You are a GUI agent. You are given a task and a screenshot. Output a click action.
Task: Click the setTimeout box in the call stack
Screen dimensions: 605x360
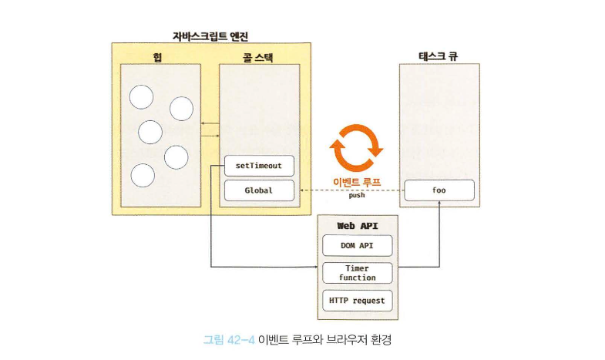pyautogui.click(x=259, y=166)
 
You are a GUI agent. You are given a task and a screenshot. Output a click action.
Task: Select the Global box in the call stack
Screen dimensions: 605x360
pyautogui.click(x=259, y=190)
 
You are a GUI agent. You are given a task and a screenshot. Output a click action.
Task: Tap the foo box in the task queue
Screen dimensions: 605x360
pyautogui.click(x=439, y=190)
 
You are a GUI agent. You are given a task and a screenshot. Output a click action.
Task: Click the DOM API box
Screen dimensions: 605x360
pyautogui.click(x=356, y=246)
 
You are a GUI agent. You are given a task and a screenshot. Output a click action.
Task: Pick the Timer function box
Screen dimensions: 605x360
pyautogui.click(x=356, y=273)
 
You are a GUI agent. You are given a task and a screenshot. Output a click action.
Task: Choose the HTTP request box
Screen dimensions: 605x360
pyautogui.click(x=356, y=300)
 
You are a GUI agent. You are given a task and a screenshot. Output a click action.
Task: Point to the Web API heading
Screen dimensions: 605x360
pyautogui.click(x=357, y=225)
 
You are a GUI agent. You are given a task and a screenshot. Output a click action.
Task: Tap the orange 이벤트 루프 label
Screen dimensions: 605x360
pyautogui.click(x=357, y=182)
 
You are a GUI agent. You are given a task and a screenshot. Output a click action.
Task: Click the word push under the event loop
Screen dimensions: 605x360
pyautogui.click(x=357, y=196)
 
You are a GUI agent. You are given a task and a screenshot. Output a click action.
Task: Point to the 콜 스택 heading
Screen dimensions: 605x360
pyautogui.click(x=258, y=56)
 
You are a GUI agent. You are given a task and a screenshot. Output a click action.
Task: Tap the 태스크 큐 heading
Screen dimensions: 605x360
pyautogui.click(x=439, y=56)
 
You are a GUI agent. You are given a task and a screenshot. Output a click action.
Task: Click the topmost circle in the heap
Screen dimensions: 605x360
pyautogui.click(x=141, y=96)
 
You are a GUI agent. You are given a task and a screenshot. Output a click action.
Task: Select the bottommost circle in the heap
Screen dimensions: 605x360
pyautogui.click(x=143, y=175)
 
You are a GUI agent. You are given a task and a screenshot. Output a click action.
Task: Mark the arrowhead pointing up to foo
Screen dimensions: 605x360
pyautogui.click(x=439, y=205)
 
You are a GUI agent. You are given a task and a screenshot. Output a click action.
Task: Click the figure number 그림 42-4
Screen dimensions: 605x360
pyautogui.click(x=228, y=338)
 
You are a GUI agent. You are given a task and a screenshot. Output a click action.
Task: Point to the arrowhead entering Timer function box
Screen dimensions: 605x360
pyautogui.click(x=316, y=267)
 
